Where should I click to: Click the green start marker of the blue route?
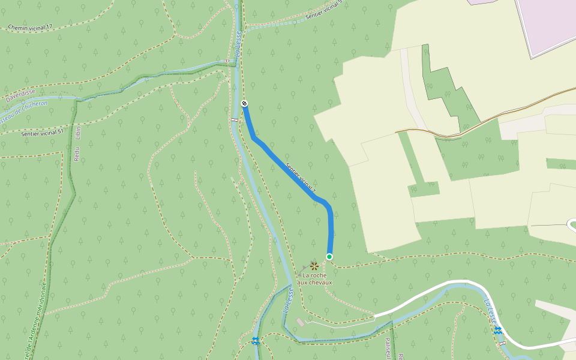point(329,257)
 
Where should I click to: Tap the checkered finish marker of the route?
point(244,104)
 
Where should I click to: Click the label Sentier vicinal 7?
point(301,181)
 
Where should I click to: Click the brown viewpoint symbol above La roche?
point(314,265)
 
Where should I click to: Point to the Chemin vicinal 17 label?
point(31,28)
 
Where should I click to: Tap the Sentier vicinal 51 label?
point(42,133)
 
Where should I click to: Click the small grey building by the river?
point(300,323)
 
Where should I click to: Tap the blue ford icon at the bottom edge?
point(256,341)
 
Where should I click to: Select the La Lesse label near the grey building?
point(288,300)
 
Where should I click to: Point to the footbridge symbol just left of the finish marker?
point(234,119)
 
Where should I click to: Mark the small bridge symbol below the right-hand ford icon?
point(503,343)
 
